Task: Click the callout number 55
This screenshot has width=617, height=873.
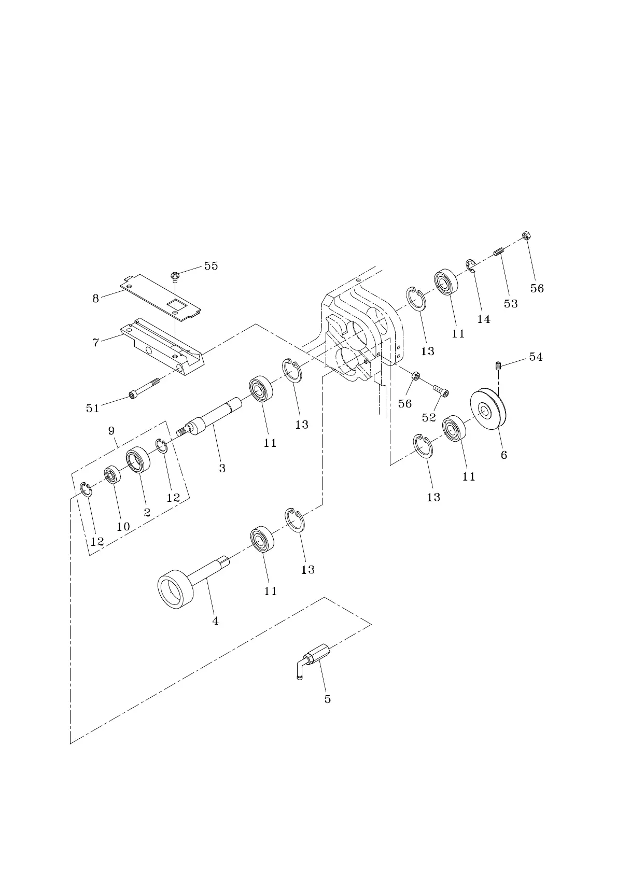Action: pyautogui.click(x=211, y=266)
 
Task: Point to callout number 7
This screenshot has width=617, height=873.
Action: pyautogui.click(x=95, y=343)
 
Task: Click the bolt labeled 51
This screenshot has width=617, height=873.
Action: pyautogui.click(x=145, y=389)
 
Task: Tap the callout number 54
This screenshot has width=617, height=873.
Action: pyautogui.click(x=536, y=357)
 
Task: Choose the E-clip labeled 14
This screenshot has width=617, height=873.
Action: pyautogui.click(x=471, y=266)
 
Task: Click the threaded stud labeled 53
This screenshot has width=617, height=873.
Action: pyautogui.click(x=499, y=253)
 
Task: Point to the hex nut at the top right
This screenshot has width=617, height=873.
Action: pyautogui.click(x=525, y=235)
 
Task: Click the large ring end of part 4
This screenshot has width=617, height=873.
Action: pyautogui.click(x=176, y=590)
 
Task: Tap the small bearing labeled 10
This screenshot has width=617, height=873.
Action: pyautogui.click(x=113, y=474)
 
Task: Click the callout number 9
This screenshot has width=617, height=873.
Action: pyautogui.click(x=111, y=431)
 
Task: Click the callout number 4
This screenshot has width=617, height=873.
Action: pyautogui.click(x=216, y=621)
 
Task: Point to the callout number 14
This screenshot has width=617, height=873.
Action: pyautogui.click(x=483, y=319)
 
